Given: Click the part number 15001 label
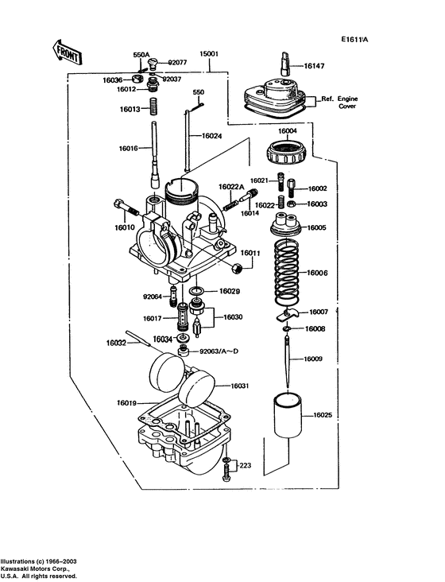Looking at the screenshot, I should click(x=209, y=54).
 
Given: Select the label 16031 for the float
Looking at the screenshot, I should click(x=240, y=386).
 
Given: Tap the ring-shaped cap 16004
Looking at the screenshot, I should click(x=287, y=148).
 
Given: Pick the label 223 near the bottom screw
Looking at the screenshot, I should click(x=246, y=465).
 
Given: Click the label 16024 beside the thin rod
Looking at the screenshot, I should click(x=212, y=136).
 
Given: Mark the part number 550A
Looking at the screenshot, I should click(x=141, y=55).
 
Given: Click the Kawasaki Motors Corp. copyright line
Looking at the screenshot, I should click(x=36, y=568).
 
